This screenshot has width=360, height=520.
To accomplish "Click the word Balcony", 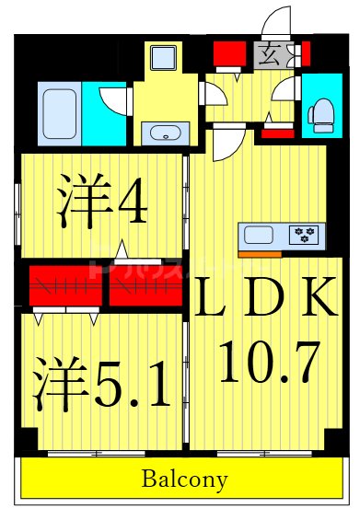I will point(184,480).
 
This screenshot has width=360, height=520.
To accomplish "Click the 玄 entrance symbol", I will point(272,52).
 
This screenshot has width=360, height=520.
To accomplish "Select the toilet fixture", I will point(321,113).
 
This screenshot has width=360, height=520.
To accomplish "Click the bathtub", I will point(59,112).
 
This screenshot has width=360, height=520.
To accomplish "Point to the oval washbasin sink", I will point(166,134).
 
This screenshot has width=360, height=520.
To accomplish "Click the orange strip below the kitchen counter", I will point(260,253).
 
